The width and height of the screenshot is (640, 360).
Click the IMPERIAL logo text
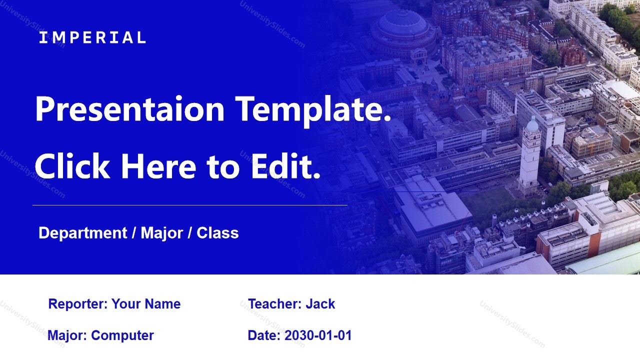click(92, 37)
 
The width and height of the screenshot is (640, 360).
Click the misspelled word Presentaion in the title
click(129, 109)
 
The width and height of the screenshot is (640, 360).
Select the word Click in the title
click(72, 166)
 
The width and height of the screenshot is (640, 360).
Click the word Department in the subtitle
click(82, 233)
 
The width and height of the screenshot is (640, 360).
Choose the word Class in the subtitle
click(217, 233)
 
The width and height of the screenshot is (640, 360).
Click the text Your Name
click(146, 304)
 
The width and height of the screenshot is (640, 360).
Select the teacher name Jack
click(320, 304)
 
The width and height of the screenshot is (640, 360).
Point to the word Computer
click(122, 335)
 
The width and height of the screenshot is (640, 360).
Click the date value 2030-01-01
click(318, 335)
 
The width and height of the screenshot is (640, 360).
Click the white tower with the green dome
click(530, 155)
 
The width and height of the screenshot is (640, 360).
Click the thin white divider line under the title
click(190, 205)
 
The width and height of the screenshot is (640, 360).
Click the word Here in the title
click(158, 166)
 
